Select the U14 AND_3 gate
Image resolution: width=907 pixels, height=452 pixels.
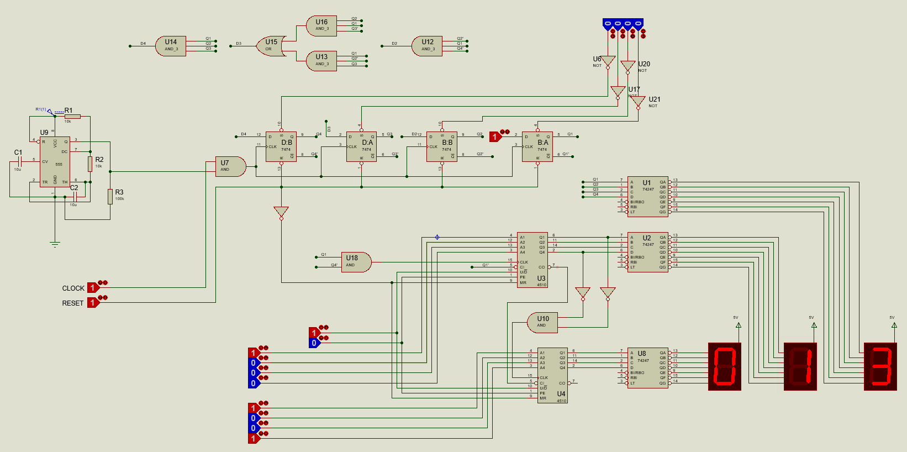[171, 46]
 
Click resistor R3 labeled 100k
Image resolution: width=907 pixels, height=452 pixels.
[110, 196]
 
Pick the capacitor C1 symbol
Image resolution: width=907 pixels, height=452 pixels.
[19, 162]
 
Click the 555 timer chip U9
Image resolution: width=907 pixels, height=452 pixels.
[55, 161]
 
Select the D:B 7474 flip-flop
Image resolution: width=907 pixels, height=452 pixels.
[281, 146]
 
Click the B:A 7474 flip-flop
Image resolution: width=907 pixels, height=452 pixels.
[537, 146]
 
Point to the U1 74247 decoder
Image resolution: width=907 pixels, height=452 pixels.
[648, 196]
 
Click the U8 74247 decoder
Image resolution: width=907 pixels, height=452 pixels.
[648, 367]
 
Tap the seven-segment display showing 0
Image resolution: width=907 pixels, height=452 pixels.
[724, 367]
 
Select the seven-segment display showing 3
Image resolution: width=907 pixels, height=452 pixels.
[880, 367]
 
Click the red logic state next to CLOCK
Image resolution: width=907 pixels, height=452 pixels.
[93, 288]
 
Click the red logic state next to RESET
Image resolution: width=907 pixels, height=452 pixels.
[93, 303]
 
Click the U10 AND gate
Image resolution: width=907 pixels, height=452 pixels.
[542, 323]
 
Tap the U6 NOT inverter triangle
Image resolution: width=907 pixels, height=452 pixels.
[608, 61]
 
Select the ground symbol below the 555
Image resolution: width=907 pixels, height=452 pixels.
[55, 244]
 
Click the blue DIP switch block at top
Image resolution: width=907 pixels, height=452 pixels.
[623, 24]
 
